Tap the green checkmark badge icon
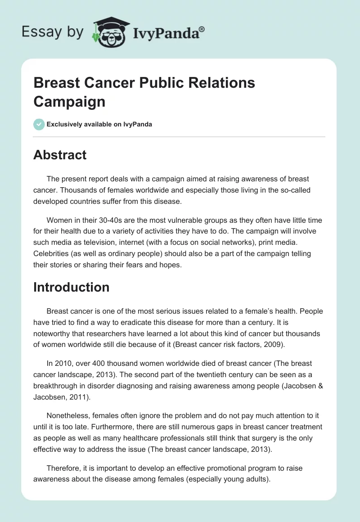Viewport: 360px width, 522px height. click(39, 124)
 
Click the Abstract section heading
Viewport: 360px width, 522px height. click(60, 155)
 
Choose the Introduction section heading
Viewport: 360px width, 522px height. click(71, 287)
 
